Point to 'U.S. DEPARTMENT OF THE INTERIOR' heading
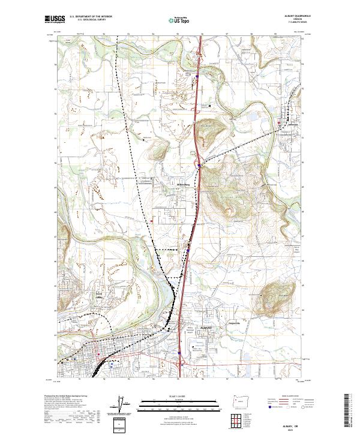(x=91, y=17)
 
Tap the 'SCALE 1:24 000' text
(x=179, y=397)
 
